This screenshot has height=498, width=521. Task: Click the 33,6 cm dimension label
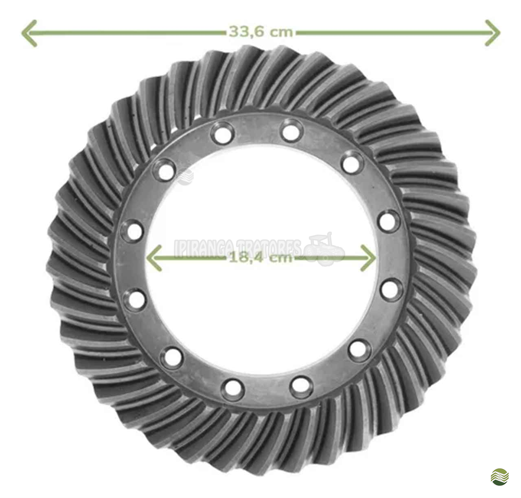(260, 32)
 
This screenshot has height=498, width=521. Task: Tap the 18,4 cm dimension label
(260, 258)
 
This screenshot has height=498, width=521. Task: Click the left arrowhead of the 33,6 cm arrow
(29, 33)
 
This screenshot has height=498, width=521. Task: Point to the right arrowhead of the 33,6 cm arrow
(493, 33)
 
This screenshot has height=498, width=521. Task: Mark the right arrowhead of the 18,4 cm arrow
(368, 258)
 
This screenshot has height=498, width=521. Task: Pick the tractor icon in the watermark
(324, 249)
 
